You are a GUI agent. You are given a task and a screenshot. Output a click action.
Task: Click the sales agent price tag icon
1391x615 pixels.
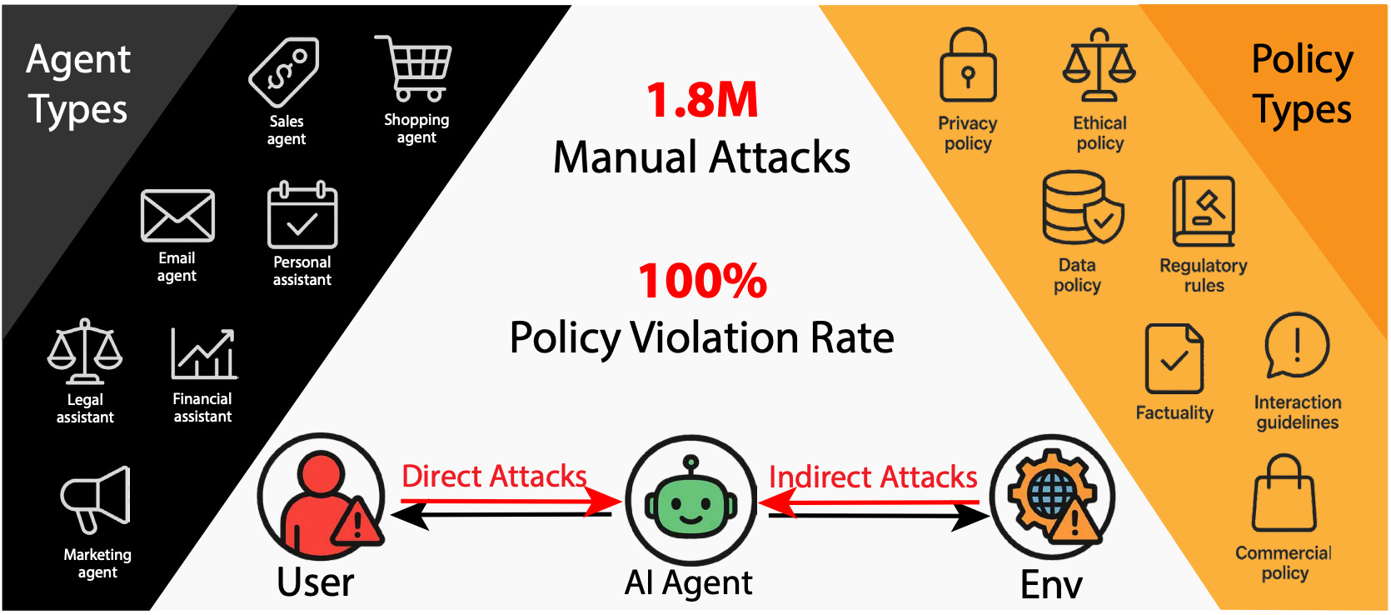[x=284, y=72]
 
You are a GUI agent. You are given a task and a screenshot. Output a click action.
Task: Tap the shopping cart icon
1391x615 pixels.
[x=414, y=68]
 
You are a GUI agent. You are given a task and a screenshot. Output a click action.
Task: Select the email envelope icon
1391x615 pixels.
[x=177, y=216]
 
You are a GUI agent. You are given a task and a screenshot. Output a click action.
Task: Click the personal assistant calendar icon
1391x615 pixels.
[x=302, y=216]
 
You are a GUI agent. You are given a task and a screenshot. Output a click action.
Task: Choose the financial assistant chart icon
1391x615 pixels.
[x=204, y=354]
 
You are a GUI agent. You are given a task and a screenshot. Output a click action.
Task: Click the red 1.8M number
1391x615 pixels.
[x=702, y=100]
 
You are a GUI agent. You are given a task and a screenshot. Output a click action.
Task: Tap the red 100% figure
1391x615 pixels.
[x=702, y=281]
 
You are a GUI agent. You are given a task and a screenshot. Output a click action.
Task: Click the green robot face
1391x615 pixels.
[x=691, y=502]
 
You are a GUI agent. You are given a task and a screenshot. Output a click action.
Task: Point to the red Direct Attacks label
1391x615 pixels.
[x=494, y=477]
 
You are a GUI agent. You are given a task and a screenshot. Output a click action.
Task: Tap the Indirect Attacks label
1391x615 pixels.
[x=872, y=477]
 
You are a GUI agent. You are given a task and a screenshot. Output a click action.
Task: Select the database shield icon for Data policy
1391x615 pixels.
[x=1081, y=207]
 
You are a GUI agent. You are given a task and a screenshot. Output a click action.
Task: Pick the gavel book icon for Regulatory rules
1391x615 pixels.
[x=1204, y=212]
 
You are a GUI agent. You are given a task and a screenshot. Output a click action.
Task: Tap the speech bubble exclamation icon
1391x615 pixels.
[x=1296, y=345]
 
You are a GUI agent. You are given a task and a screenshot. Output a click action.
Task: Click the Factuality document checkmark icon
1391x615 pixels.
[x=1174, y=358]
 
